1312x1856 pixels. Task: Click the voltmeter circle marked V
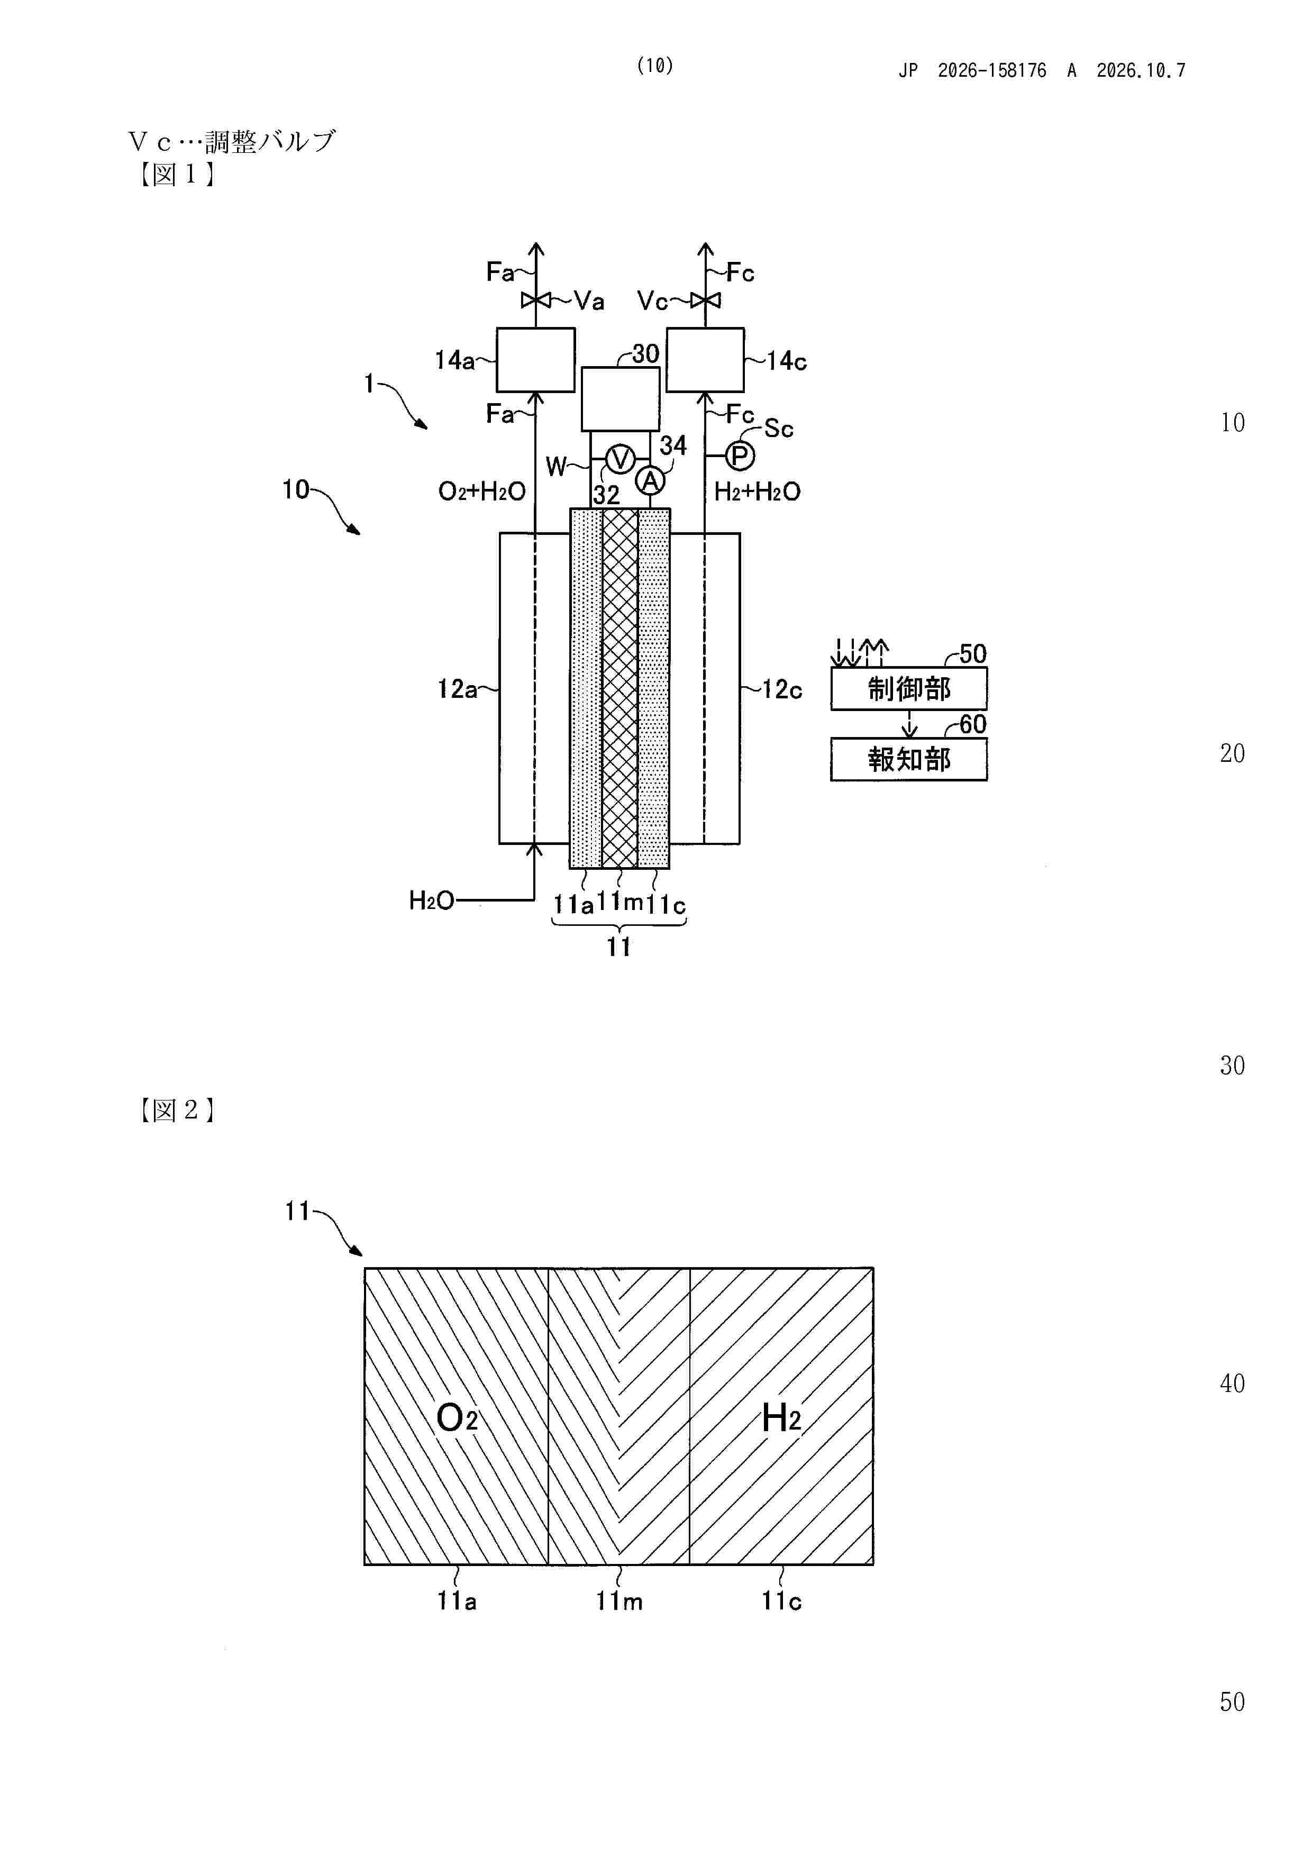pyautogui.click(x=620, y=459)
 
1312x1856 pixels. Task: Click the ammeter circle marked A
pyautogui.click(x=650, y=481)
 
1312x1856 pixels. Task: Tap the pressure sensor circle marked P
pyautogui.click(x=740, y=457)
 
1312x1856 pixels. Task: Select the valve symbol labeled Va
pyautogui.click(x=535, y=301)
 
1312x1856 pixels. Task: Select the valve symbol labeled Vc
pyautogui.click(x=706, y=301)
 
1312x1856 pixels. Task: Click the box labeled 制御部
pyautogui.click(x=909, y=689)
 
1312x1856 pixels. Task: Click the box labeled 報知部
pyautogui.click(x=909, y=759)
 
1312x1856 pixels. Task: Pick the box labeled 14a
pyautogui.click(x=535, y=360)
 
